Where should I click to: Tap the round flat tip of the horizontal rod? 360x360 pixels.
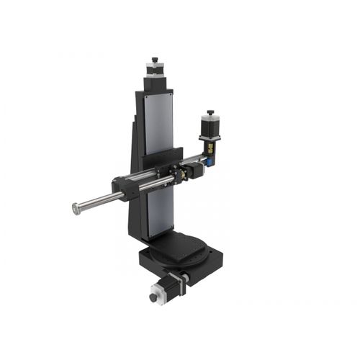(x=76, y=209)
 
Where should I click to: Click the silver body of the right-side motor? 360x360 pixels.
(x=211, y=127)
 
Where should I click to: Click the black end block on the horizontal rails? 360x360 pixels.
(x=124, y=188)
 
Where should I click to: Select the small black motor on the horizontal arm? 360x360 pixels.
(x=194, y=171)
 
